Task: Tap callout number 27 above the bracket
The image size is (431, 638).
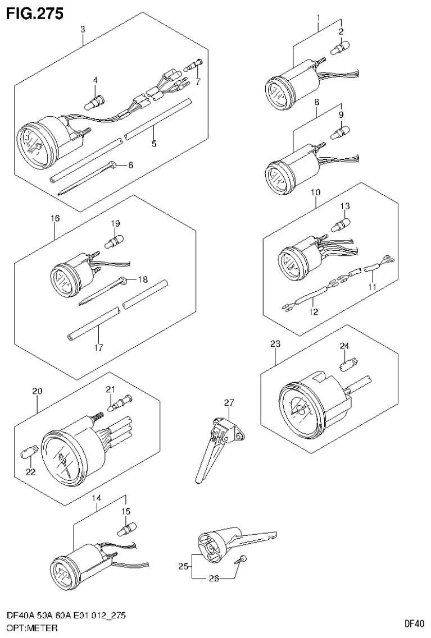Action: (228, 402)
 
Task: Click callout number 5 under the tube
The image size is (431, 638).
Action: (153, 144)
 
